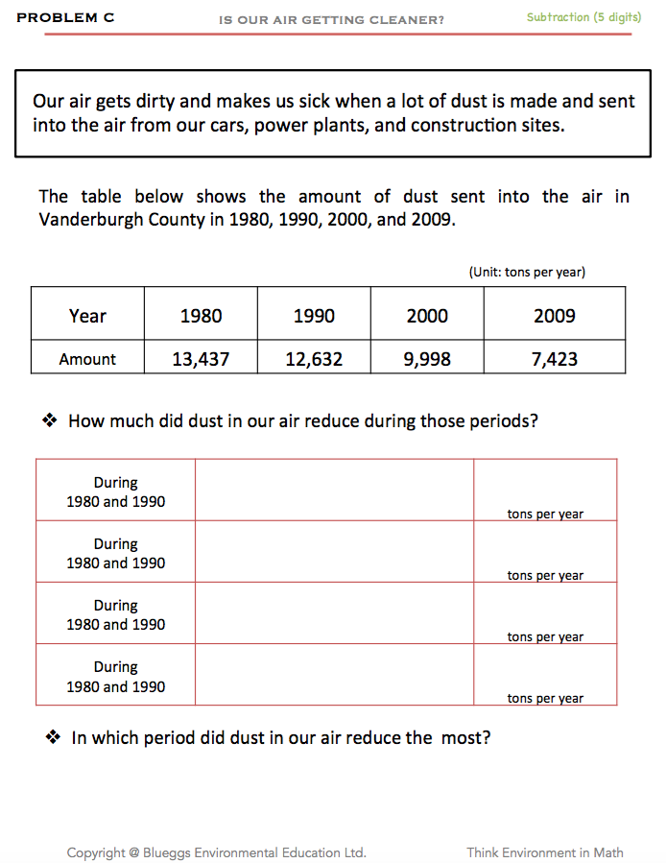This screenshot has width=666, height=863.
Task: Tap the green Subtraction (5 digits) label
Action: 583,17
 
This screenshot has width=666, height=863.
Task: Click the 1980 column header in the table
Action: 201,316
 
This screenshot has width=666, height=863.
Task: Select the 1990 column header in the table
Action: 314,316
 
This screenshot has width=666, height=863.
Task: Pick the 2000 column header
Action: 427,316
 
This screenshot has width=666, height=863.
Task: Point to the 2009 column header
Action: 555,316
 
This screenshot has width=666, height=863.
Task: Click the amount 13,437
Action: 201,359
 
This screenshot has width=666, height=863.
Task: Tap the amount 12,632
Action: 314,359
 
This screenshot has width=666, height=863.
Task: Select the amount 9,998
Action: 427,359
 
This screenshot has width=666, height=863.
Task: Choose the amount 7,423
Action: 555,359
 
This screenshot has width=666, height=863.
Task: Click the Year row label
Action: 87,316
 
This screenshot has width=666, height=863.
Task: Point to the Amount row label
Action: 87,359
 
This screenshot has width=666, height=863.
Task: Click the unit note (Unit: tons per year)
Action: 527,272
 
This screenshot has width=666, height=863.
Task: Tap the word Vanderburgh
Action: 87,218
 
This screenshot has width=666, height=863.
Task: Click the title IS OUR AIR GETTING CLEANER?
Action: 331,19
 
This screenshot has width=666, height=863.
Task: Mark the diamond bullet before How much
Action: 51,420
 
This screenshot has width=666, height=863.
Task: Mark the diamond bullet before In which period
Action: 55,737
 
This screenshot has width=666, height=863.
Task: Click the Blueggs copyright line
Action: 216,852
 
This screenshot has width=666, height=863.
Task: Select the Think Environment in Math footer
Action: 544,852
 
